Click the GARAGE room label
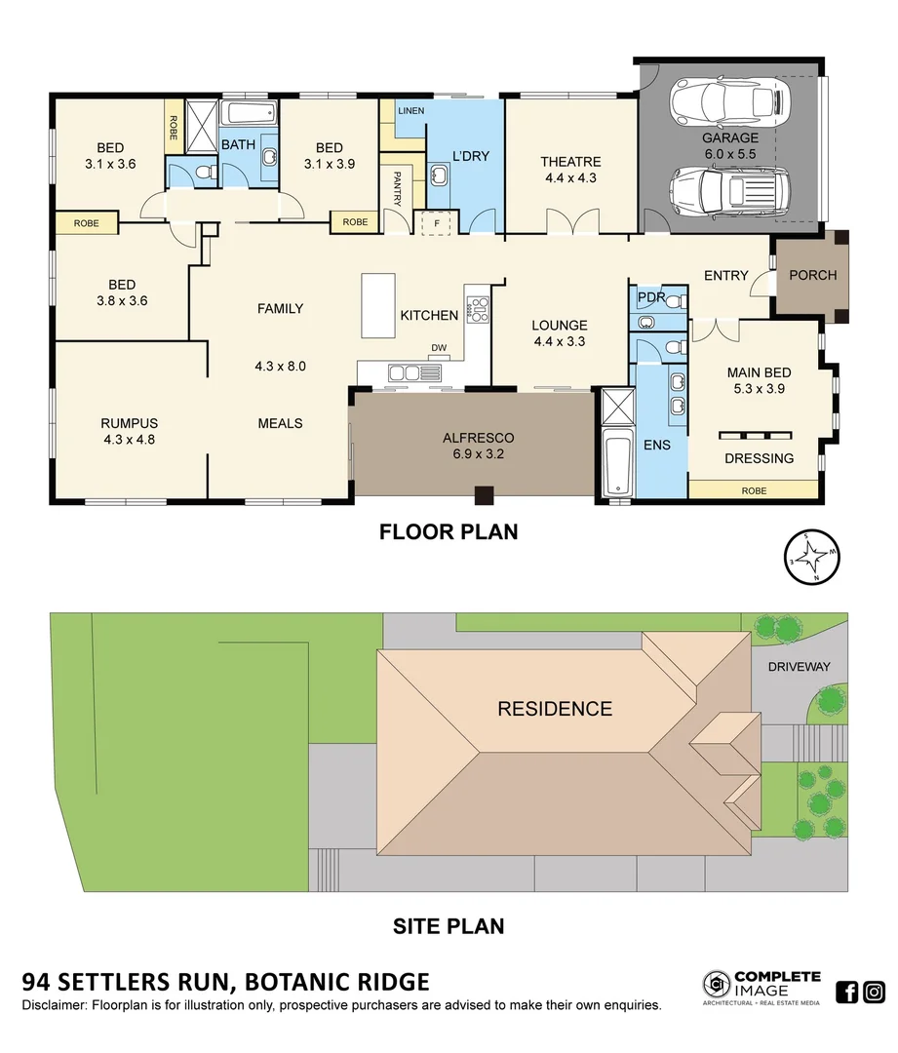[730, 137]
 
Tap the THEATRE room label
[571, 162]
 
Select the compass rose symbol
[812, 557]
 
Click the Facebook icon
[847, 992]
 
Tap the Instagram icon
[874, 992]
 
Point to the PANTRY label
[397, 189]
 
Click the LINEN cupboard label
[411, 111]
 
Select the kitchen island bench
[378, 305]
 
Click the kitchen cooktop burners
[478, 310]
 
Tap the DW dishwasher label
[439, 348]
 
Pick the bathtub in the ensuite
[617, 465]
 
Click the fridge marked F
[437, 223]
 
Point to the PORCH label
[813, 275]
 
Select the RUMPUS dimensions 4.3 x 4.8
[128, 440]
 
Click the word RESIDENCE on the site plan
[555, 709]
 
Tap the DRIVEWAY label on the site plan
[800, 667]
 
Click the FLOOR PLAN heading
[449, 532]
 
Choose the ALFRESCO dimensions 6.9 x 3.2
[478, 454]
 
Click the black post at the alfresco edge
[485, 495]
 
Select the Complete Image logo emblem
[717, 984]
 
